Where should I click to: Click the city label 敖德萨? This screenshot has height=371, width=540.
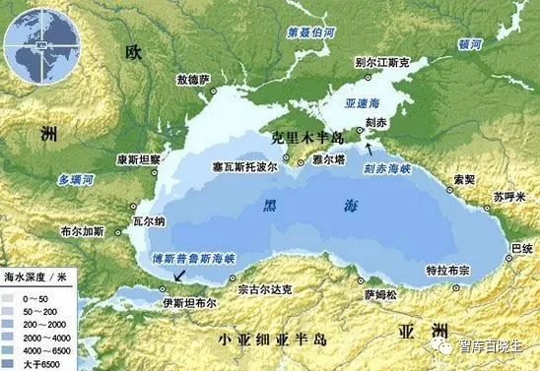(x=193, y=80)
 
